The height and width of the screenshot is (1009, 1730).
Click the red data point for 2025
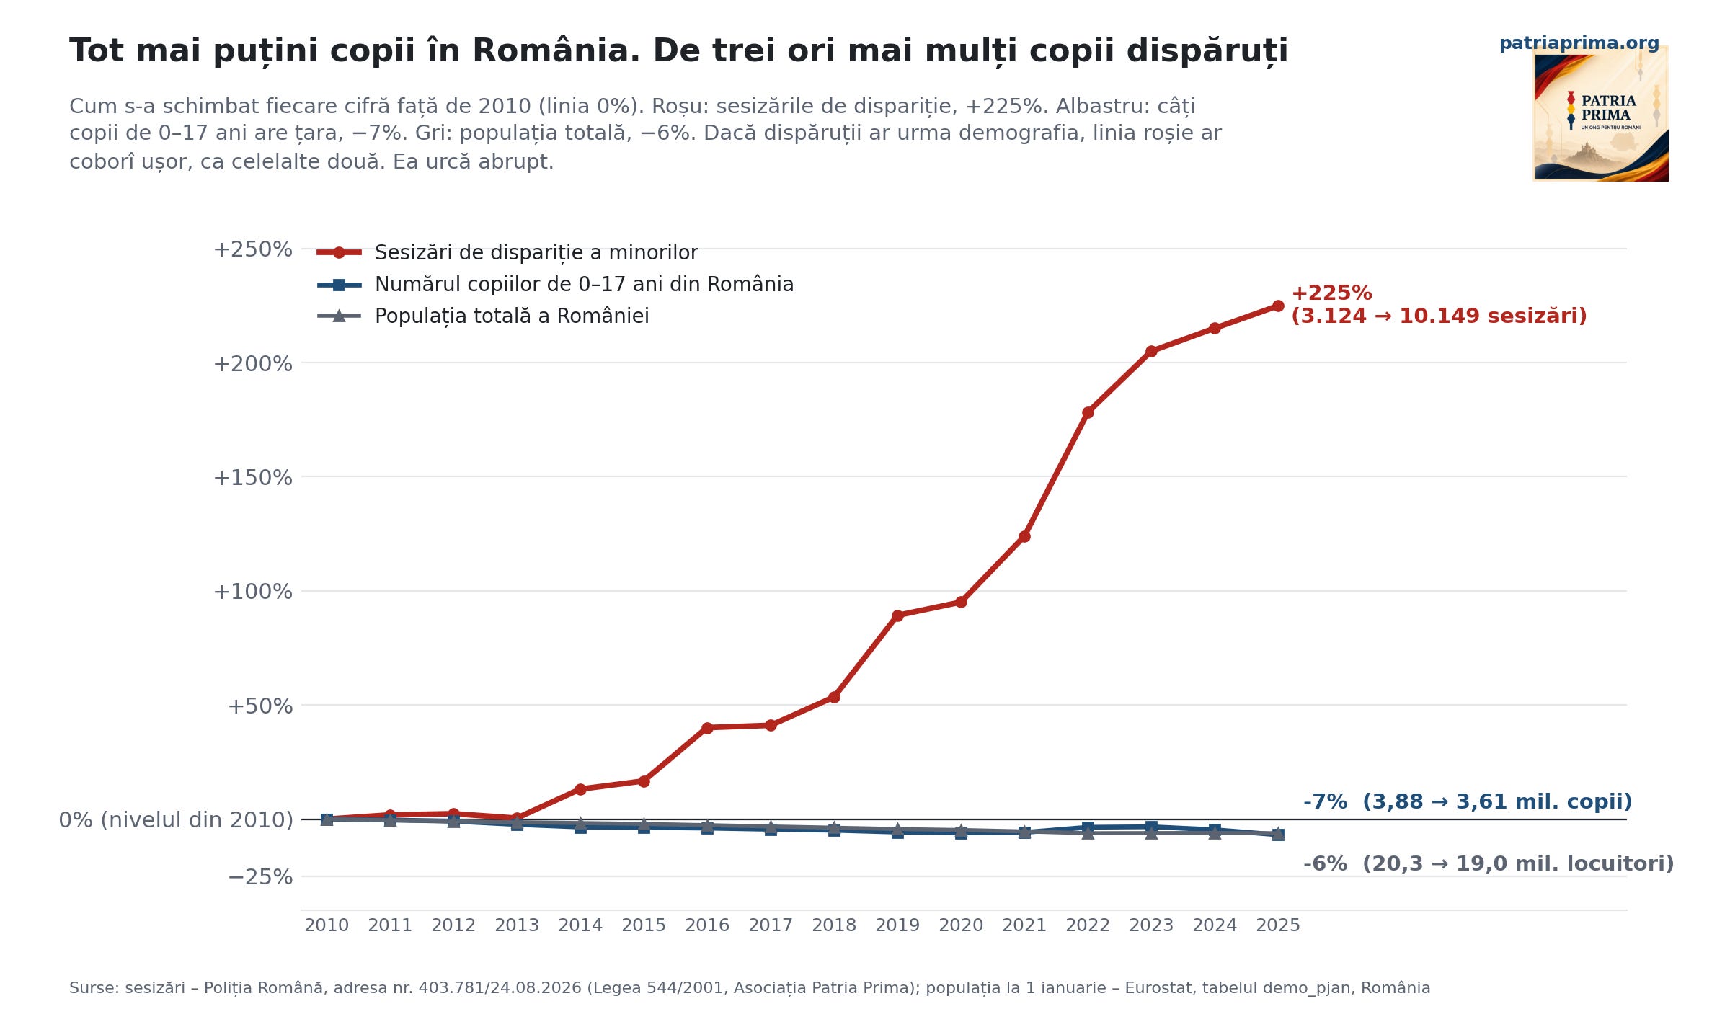pyautogui.click(x=1278, y=306)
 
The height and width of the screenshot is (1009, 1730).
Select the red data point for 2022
pyautogui.click(x=1088, y=412)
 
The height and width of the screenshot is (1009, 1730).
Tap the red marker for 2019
pyautogui.click(x=897, y=615)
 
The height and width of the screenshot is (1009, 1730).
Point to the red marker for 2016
pyautogui.click(x=707, y=728)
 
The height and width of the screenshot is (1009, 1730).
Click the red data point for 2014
pyautogui.click(x=580, y=789)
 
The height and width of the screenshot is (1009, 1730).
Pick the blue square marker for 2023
pyautogui.click(x=1151, y=827)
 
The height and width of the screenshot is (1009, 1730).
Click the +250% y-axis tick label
pyautogui.click(x=253, y=249)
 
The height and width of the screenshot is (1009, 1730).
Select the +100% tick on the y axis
pyautogui.click(x=253, y=592)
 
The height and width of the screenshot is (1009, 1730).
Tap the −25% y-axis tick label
pyautogui.click(x=260, y=877)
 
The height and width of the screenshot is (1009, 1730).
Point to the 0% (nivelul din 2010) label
pyautogui.click(x=176, y=820)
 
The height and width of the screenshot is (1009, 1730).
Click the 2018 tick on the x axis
pyautogui.click(x=834, y=925)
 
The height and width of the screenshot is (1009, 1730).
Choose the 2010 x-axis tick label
pyautogui.click(x=327, y=925)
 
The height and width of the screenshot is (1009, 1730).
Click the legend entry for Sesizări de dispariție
pyautogui.click(x=507, y=253)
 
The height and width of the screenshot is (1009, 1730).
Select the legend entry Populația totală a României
pyautogui.click(x=483, y=316)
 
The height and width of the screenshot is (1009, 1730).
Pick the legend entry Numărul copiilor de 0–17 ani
pyautogui.click(x=555, y=284)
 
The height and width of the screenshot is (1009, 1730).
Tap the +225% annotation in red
pyautogui.click(x=1331, y=293)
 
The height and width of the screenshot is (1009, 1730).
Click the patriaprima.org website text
pyautogui.click(x=1579, y=43)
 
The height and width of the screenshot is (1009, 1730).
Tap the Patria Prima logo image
pyautogui.click(x=1600, y=114)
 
